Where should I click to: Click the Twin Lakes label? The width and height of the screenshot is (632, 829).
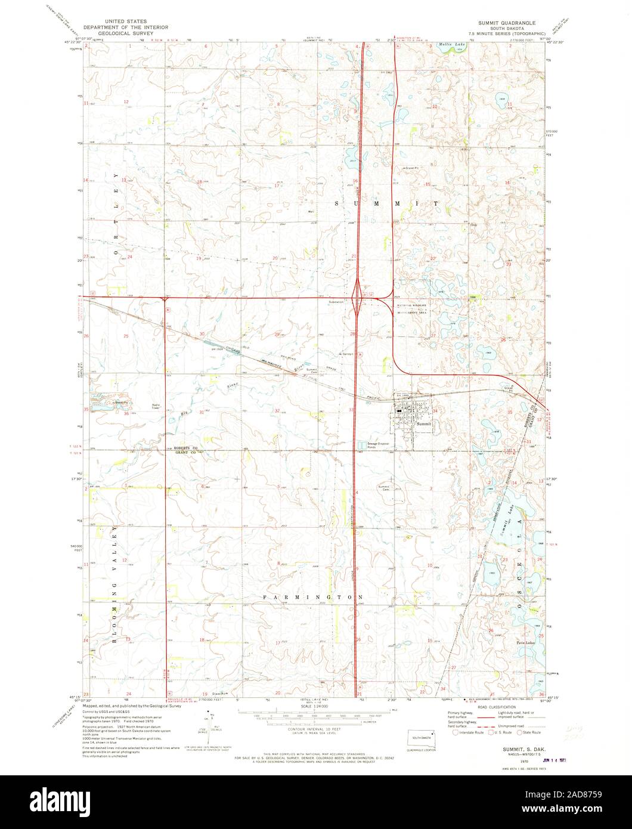tap(524, 644)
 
